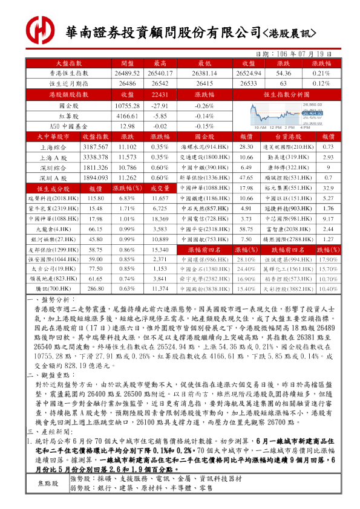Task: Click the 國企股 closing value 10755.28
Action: [127, 105]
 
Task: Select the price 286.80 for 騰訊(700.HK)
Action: [95, 290]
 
